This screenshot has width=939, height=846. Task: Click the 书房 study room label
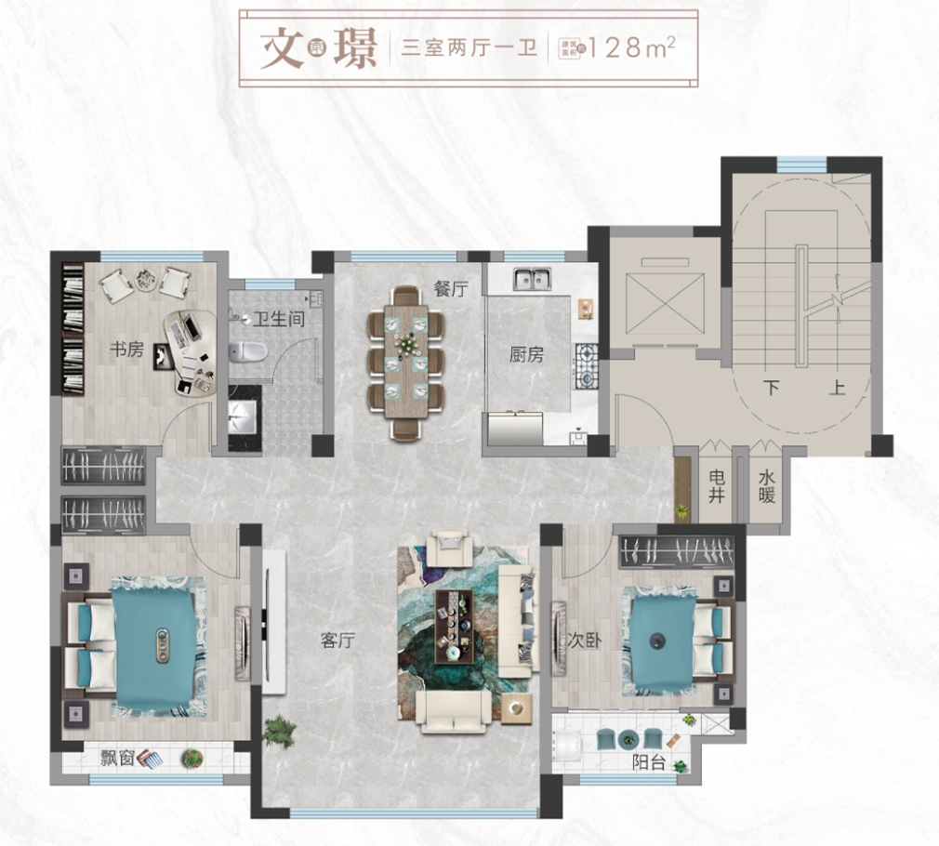[126, 350]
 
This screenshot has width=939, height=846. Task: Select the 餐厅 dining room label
[450, 288]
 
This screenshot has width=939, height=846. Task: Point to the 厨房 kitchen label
[525, 354]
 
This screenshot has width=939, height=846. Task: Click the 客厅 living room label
[338, 640]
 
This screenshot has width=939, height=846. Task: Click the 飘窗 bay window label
[116, 758]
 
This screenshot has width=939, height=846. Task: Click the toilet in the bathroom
[248, 350]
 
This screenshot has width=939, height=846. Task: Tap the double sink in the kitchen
[533, 277]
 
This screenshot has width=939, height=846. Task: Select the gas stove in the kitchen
[588, 366]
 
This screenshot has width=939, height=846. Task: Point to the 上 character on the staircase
[838, 388]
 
